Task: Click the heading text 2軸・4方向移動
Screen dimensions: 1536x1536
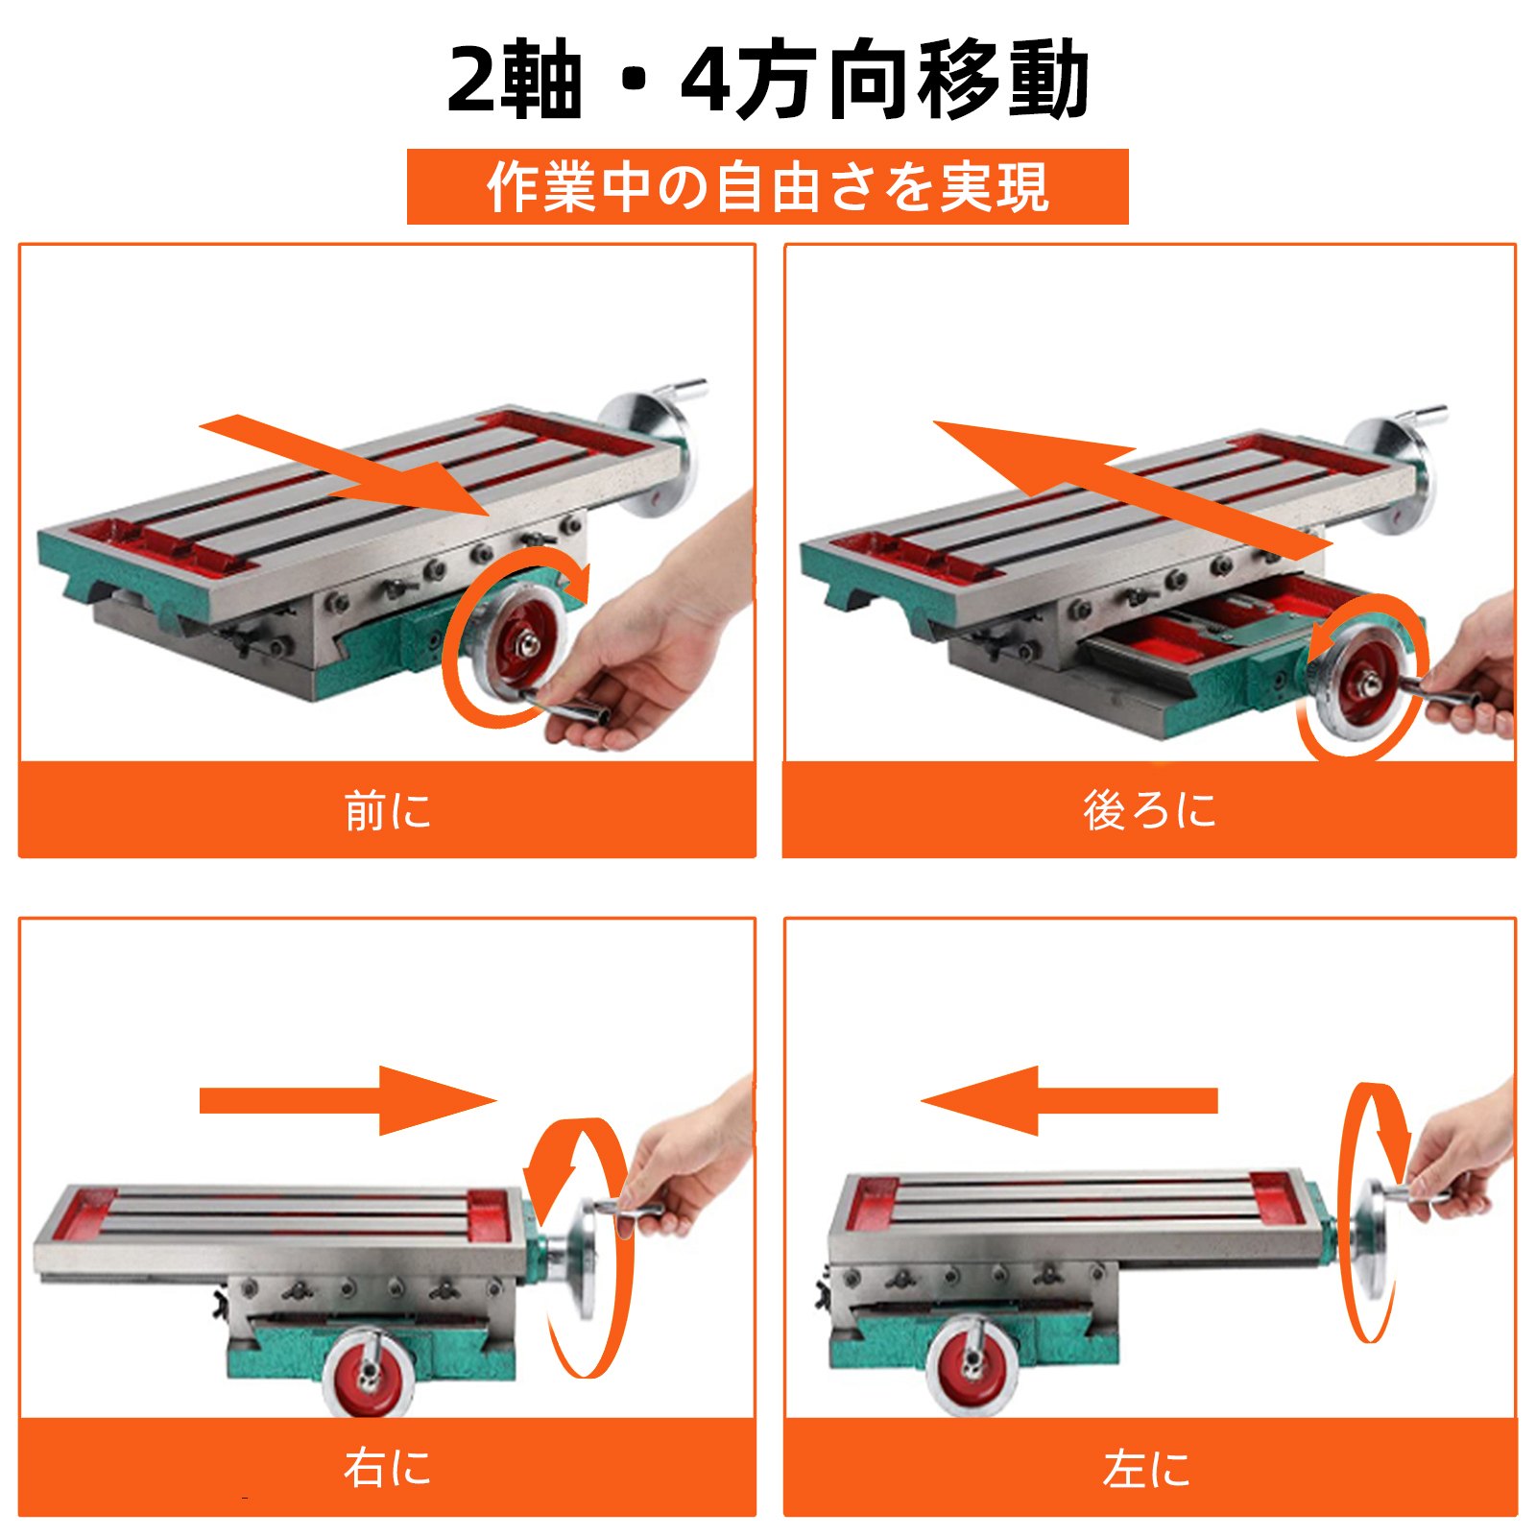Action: [768, 81]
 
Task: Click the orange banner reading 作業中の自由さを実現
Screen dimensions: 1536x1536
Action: [768, 186]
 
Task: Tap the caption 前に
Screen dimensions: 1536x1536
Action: [388, 810]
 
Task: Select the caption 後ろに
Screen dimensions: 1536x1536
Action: [1150, 810]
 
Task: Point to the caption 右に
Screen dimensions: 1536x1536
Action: [388, 1468]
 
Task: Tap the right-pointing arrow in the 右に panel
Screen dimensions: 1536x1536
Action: [348, 1100]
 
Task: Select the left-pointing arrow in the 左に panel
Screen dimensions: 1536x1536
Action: [1068, 1100]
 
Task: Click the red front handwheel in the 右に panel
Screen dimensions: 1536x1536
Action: [368, 1373]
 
